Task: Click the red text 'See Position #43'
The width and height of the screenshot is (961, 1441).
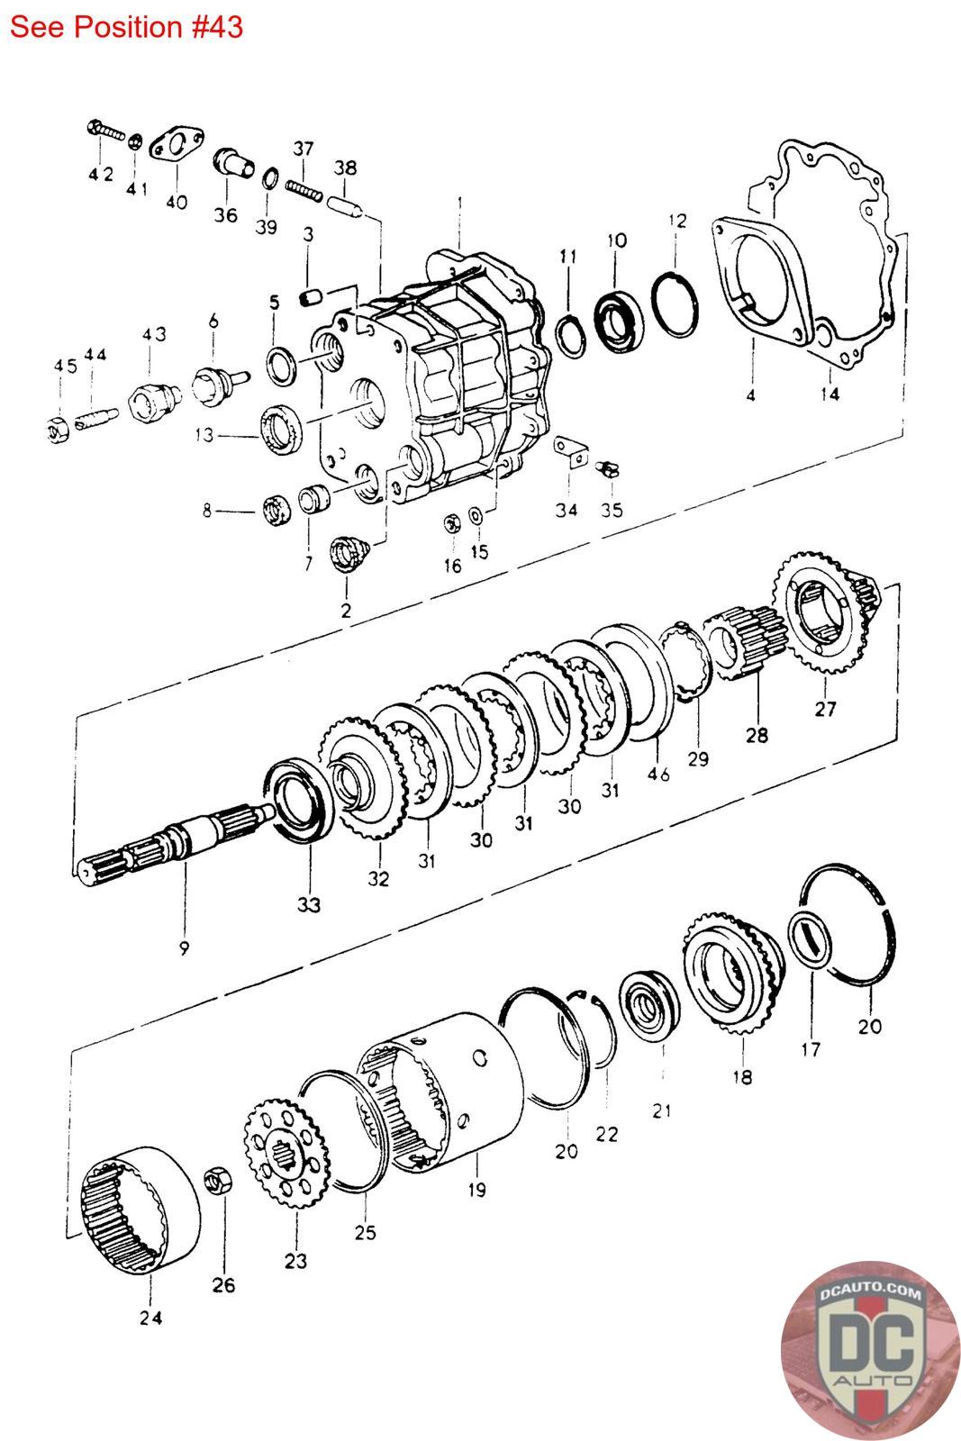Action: pyautogui.click(x=126, y=26)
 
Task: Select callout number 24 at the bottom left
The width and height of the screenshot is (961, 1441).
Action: pyautogui.click(x=150, y=1318)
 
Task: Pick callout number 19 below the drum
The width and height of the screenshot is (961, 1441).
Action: pyautogui.click(x=476, y=1189)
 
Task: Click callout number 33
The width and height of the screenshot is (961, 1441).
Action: pyautogui.click(x=308, y=903)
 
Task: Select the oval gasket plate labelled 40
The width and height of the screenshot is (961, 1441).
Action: pyautogui.click(x=176, y=147)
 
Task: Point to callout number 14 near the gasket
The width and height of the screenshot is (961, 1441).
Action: pyautogui.click(x=830, y=394)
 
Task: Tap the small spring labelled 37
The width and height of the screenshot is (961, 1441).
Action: pyautogui.click(x=304, y=187)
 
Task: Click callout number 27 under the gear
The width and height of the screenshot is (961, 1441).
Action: pyautogui.click(x=826, y=709)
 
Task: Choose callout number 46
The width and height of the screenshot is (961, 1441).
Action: pyautogui.click(x=658, y=774)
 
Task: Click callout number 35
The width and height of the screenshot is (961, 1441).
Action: pyautogui.click(x=612, y=510)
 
